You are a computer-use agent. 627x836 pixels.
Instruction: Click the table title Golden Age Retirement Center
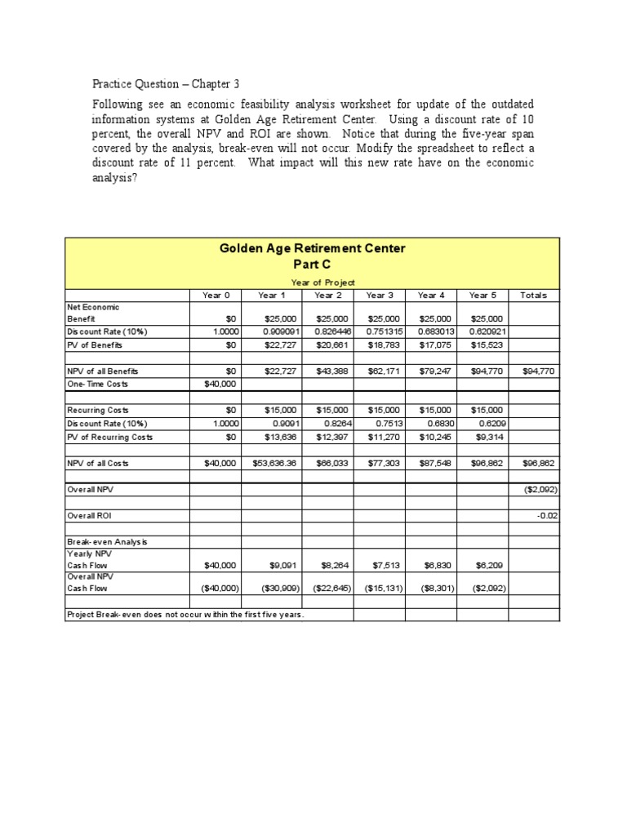click(313, 248)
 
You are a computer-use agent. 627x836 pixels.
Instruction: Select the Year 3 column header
click(380, 296)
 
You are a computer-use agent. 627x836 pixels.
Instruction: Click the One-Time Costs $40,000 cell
click(220, 384)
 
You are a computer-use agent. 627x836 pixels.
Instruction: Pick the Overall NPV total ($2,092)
click(540, 490)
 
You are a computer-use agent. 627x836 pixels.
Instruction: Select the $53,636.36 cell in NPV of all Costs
click(275, 463)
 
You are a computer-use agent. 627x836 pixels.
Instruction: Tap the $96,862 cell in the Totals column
click(540, 463)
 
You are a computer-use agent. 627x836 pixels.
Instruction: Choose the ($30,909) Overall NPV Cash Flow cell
click(276, 588)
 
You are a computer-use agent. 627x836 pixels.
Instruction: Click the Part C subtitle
click(313, 265)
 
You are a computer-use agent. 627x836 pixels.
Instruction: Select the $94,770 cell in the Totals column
click(540, 371)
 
